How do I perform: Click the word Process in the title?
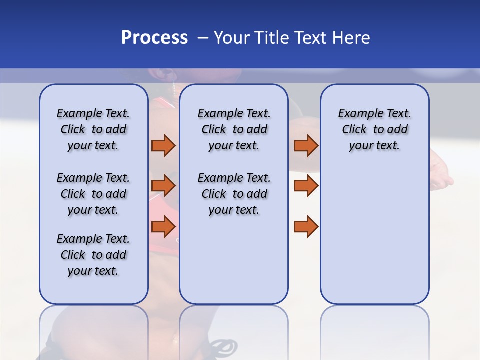point(154,38)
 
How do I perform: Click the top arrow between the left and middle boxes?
point(163,145)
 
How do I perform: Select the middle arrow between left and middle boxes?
point(163,186)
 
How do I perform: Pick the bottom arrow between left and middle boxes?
point(163,227)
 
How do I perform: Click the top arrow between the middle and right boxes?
point(306,145)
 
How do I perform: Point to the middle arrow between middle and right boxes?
point(306,186)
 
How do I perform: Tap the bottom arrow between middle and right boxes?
point(306,227)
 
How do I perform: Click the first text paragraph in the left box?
point(93,129)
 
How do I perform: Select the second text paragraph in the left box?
point(93,194)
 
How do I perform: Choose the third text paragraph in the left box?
point(93,255)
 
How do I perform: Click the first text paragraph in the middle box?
point(234,129)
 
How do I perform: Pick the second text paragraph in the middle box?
point(234,194)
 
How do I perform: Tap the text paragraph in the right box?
point(374,129)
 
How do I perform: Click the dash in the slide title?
point(202,38)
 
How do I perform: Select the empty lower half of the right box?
point(374,240)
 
